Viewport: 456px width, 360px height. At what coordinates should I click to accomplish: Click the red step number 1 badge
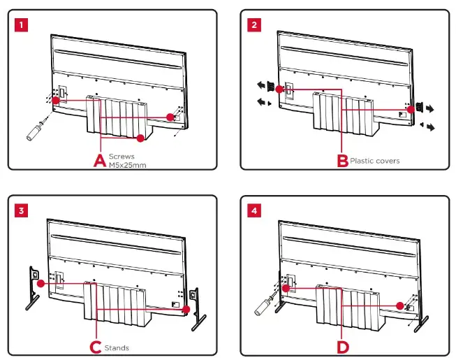point(23,24)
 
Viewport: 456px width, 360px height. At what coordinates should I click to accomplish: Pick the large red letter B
point(342,161)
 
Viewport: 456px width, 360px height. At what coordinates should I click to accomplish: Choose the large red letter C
point(96,347)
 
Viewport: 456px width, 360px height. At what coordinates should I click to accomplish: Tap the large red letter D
point(342,346)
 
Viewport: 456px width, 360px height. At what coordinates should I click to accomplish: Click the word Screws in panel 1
point(121,157)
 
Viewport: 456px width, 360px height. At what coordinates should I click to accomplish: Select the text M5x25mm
point(126,165)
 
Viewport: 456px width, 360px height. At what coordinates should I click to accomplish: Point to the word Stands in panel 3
point(117,347)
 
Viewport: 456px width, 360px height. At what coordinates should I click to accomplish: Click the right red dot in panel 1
point(170,116)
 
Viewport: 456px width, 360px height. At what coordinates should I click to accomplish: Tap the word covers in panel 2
point(388,161)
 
